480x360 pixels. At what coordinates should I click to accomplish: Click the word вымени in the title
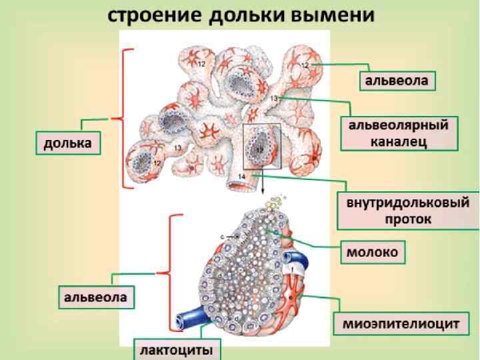(337, 15)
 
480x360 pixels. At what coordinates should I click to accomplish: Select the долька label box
(68, 143)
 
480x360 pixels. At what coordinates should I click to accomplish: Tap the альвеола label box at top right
(399, 81)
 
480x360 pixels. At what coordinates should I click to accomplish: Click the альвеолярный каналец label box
(399, 133)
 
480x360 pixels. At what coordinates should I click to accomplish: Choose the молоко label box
(372, 252)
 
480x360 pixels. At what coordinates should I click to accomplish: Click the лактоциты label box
(177, 349)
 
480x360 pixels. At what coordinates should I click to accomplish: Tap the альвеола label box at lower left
(94, 297)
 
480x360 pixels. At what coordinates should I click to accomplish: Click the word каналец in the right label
(399, 141)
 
